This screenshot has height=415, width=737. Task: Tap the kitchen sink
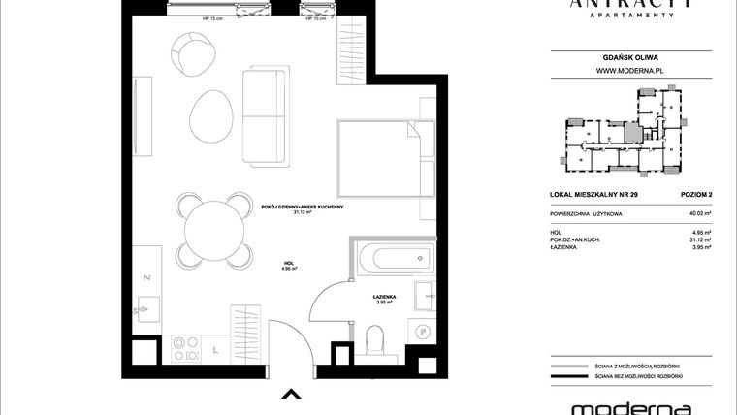(145, 310)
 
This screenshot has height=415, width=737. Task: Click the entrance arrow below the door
(288, 394)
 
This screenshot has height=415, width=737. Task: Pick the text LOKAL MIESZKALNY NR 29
(588, 198)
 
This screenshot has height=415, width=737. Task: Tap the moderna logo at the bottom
(617, 406)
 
